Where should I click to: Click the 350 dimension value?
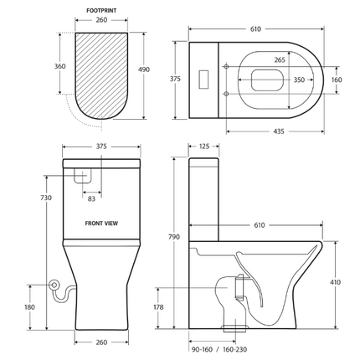click(x=299, y=80)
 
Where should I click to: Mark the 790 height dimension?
click(x=174, y=237)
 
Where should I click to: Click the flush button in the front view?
click(x=84, y=176)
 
